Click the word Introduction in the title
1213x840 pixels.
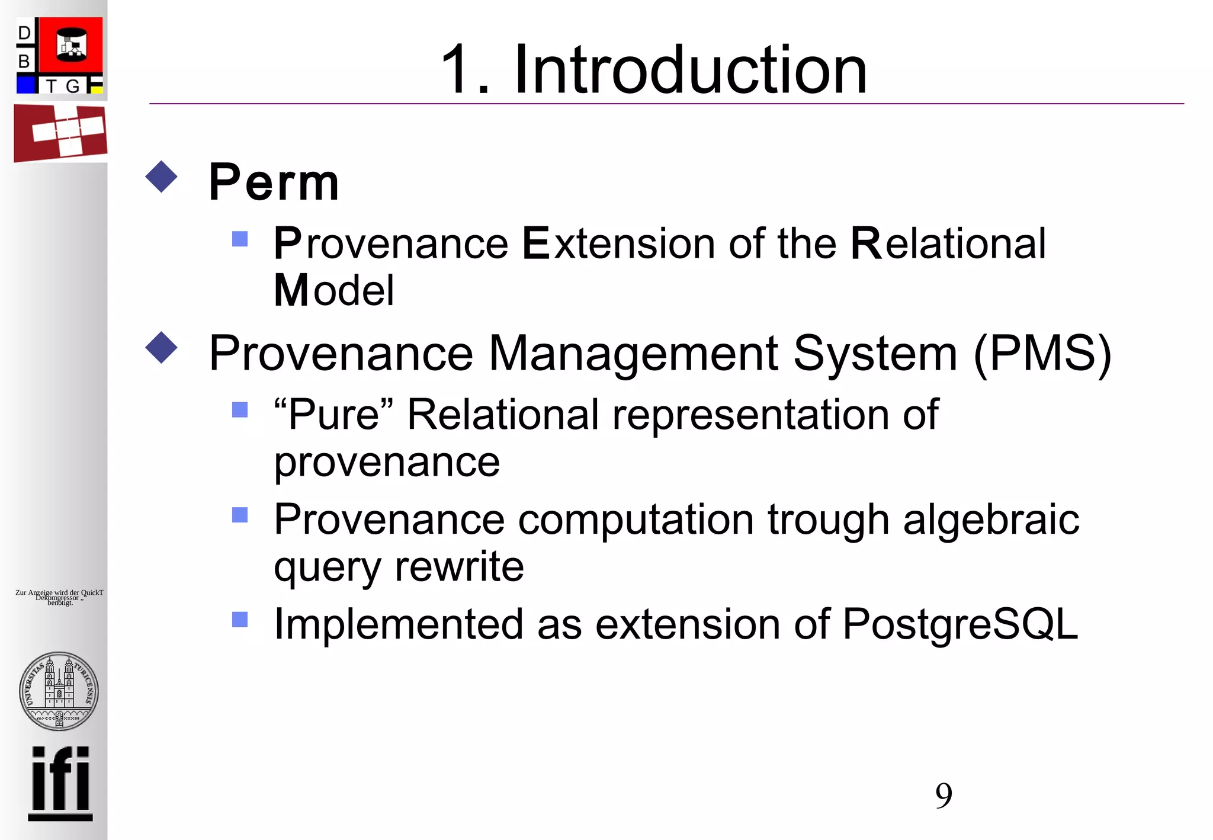point(691,70)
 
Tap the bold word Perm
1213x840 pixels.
point(274,182)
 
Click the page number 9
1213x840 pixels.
point(944,795)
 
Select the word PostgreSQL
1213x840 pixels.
point(960,624)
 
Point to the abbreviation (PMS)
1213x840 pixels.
point(1042,354)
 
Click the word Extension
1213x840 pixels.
point(618,243)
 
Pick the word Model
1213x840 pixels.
point(333,290)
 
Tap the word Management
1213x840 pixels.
point(633,354)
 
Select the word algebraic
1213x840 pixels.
point(991,520)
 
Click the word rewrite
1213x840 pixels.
point(459,567)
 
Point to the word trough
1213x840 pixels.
point(828,520)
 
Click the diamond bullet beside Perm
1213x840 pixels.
point(161,177)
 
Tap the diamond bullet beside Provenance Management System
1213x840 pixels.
point(161,348)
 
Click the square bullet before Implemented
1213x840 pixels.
point(240,620)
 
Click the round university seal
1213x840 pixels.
point(59,691)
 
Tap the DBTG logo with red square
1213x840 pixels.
point(59,56)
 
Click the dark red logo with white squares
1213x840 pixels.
point(60,133)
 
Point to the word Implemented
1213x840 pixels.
point(399,624)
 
